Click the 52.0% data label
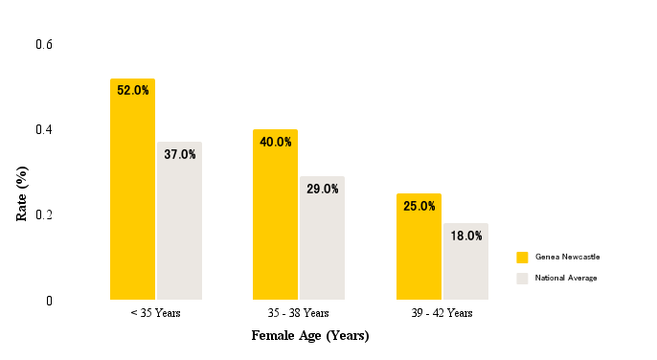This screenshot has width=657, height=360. (x=133, y=91)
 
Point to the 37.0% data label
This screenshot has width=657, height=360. (x=180, y=154)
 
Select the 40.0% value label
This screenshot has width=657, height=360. (x=276, y=142)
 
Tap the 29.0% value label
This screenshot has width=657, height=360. (x=323, y=189)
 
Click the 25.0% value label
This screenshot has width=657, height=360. (x=419, y=206)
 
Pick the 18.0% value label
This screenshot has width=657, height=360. (x=466, y=236)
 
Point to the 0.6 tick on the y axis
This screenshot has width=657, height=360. (x=44, y=45)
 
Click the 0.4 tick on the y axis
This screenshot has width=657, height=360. (x=44, y=129)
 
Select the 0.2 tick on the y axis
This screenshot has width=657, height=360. (x=44, y=214)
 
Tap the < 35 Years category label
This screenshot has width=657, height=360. (x=155, y=313)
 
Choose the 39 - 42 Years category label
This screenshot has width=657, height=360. (x=442, y=313)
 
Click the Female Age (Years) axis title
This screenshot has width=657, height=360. (x=310, y=336)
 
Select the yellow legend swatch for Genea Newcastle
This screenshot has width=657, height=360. (x=522, y=258)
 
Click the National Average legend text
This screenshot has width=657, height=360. (x=566, y=278)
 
